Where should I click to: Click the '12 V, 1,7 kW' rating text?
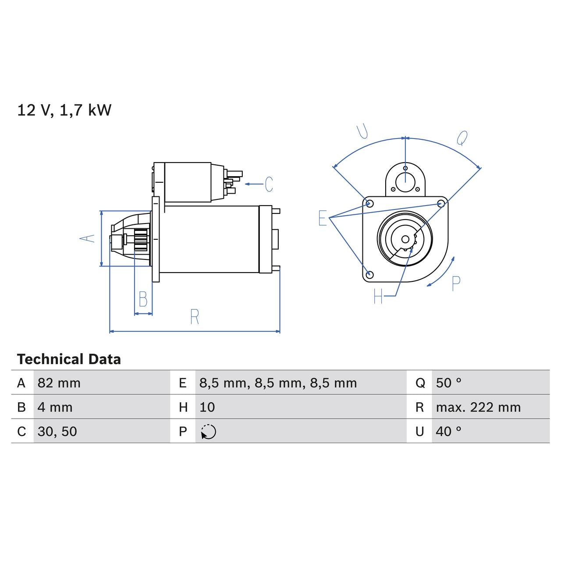pos(64,110)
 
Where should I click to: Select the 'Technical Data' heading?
pos(69,359)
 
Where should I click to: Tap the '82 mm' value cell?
pos(59,383)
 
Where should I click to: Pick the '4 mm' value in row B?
pos(55,407)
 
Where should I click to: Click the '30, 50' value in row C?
pos(57,431)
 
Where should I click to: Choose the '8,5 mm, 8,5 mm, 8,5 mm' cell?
pos(278,383)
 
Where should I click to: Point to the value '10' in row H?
pos(207,407)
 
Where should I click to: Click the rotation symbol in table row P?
pos(209,432)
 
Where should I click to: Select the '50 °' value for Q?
pos(448,383)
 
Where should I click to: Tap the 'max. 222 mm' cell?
pos(478,407)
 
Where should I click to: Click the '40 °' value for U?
pos(448,431)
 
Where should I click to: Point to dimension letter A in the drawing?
pos(87,238)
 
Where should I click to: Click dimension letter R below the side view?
pos(195,316)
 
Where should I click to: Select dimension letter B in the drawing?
pos(143,299)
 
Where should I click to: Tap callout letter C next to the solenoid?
pos(269,184)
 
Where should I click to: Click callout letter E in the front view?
pos(323,218)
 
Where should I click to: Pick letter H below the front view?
pos(378,297)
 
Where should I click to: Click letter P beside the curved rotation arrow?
pos(456,284)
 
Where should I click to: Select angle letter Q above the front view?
pos(462,138)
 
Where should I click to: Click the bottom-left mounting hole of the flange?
pos(369,275)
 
